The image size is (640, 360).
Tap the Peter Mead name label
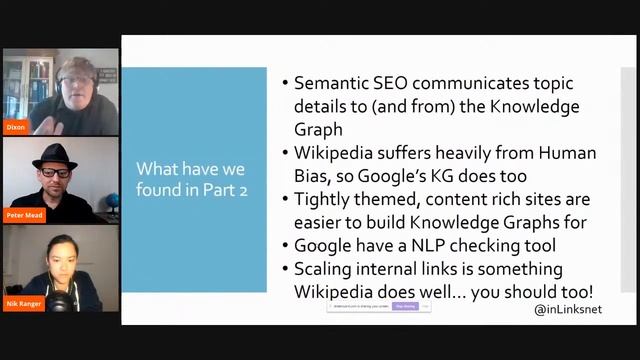pos(25,215)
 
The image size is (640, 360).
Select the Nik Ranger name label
pos(23,303)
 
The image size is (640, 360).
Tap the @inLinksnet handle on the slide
pos(568,310)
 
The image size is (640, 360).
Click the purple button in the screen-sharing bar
pos(405,306)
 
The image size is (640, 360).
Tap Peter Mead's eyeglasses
pos(56,173)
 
